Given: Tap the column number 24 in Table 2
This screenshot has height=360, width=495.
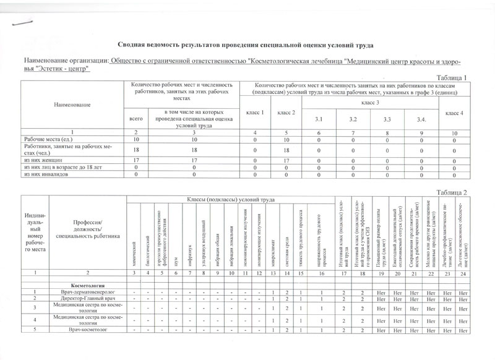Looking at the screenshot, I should tap(458, 273).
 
